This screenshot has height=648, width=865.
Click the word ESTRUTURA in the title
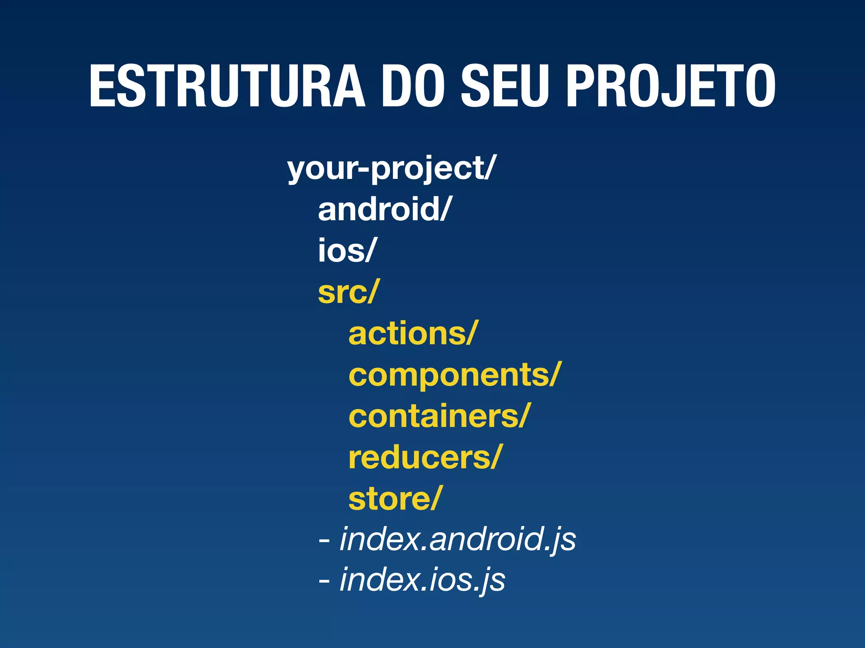coord(227,86)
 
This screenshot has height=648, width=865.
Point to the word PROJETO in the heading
coord(671,86)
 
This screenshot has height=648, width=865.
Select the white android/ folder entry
coord(384,209)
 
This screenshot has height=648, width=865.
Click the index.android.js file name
coord(457,540)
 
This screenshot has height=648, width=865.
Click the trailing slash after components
coord(555,374)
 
